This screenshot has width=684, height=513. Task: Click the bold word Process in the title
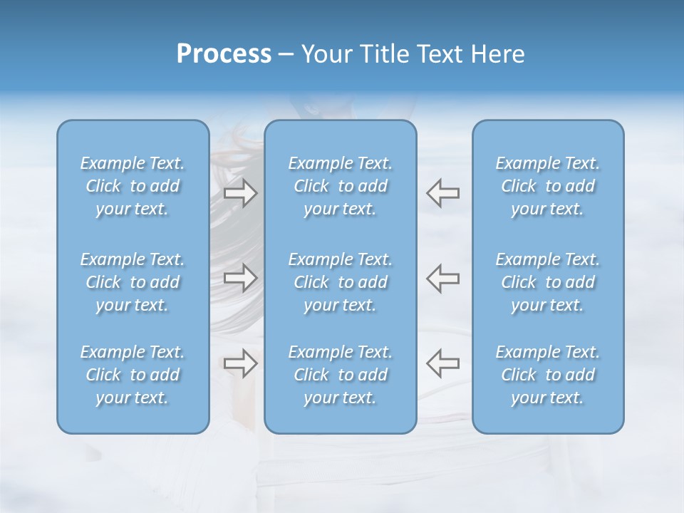tap(224, 54)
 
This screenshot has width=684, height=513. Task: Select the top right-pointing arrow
tap(241, 193)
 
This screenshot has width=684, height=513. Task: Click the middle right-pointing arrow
tap(241, 278)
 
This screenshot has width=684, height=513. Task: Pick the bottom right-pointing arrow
tap(241, 363)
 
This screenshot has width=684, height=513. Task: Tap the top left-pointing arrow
tap(443, 193)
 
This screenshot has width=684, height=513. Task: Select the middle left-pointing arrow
tap(443, 278)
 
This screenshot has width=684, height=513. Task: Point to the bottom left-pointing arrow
tap(443, 363)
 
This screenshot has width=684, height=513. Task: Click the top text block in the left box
tap(133, 186)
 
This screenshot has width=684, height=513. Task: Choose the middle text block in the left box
tap(133, 282)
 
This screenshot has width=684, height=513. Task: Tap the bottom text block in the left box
tap(133, 375)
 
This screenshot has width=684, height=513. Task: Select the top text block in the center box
tap(341, 186)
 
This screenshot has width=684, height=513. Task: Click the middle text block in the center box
tap(341, 282)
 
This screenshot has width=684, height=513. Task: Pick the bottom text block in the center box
tap(341, 375)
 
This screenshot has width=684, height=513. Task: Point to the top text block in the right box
tap(548, 186)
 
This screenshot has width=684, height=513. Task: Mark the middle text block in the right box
tap(548, 282)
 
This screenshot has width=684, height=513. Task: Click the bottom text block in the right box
tap(548, 375)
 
